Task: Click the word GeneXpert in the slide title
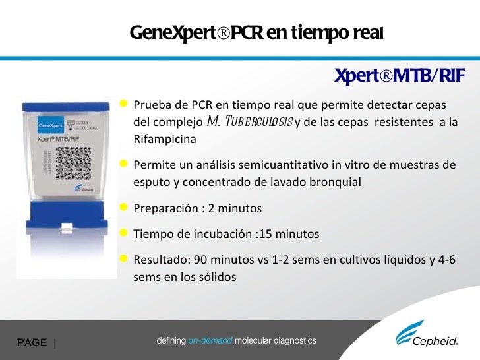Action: pos(169,32)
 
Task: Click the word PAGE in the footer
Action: pos(32,342)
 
